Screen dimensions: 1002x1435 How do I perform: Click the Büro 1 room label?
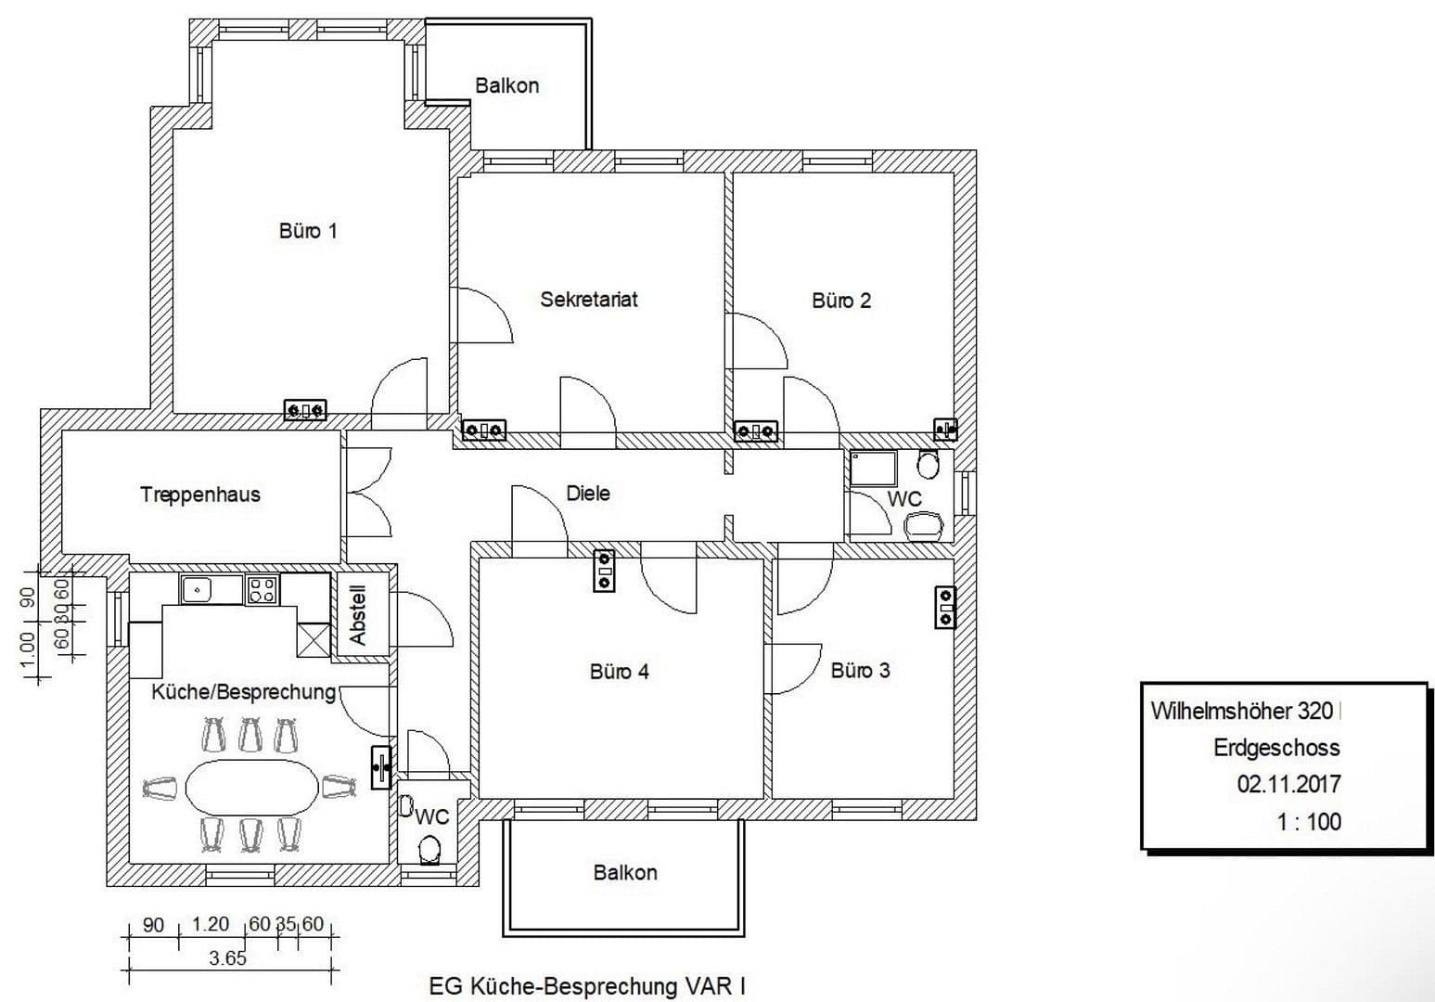pyautogui.click(x=308, y=230)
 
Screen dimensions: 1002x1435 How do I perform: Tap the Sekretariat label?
pyautogui.click(x=589, y=300)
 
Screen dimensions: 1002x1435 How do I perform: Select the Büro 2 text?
pyautogui.click(x=841, y=301)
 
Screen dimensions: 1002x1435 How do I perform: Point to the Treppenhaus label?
pyautogui.click(x=200, y=495)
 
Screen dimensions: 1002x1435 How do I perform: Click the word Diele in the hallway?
pyautogui.click(x=588, y=493)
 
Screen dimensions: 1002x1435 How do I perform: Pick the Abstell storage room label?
pyautogui.click(x=359, y=615)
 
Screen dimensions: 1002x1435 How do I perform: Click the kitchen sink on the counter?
pyautogui.click(x=198, y=589)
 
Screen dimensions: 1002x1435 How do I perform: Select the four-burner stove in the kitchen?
pyautogui.click(x=262, y=589)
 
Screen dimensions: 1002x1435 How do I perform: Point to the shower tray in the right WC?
pyautogui.click(x=873, y=468)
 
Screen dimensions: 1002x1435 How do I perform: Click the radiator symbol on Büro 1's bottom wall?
pyautogui.click(x=305, y=409)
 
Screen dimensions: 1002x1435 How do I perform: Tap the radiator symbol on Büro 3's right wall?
pyautogui.click(x=945, y=607)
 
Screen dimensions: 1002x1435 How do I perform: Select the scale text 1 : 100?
pyautogui.click(x=1309, y=821)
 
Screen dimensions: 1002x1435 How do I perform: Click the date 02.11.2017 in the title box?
pyautogui.click(x=1288, y=784)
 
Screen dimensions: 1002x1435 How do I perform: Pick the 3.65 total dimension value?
pyautogui.click(x=227, y=958)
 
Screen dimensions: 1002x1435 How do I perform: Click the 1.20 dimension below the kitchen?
pyautogui.click(x=210, y=924)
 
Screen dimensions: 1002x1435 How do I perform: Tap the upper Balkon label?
pyautogui.click(x=506, y=85)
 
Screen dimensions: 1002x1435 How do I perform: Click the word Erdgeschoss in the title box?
pyautogui.click(x=1276, y=747)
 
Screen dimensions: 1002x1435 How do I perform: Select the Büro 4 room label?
pyautogui.click(x=619, y=671)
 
